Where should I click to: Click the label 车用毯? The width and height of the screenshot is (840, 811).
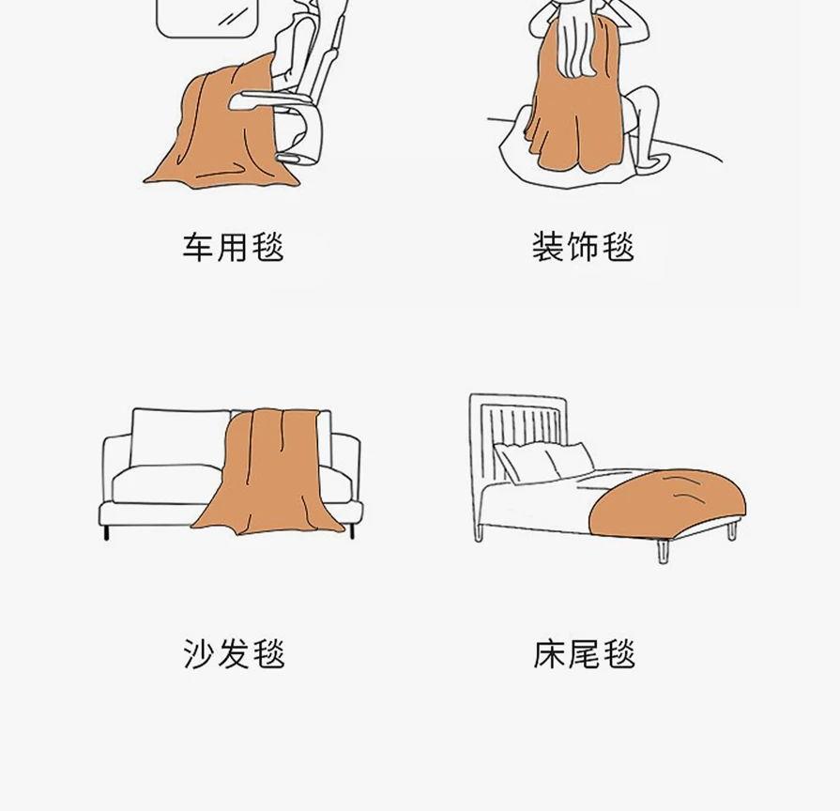[x=233, y=247]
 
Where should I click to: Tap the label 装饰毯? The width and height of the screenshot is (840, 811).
[x=584, y=247]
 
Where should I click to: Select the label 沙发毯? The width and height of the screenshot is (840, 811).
[x=234, y=653]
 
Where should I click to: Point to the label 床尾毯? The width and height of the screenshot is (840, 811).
[x=584, y=653]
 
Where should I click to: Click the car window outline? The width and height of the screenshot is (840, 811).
[x=206, y=20]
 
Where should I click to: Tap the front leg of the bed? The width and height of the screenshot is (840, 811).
[x=664, y=552]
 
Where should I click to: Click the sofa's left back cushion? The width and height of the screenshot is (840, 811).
[x=179, y=438]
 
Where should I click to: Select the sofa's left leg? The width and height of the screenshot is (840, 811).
[x=107, y=532]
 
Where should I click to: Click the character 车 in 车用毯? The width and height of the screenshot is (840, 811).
[x=198, y=247]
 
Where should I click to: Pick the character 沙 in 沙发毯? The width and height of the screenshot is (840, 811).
[x=199, y=653]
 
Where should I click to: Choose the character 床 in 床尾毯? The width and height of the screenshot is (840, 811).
[x=549, y=653]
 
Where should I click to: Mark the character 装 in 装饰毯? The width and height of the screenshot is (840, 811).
[x=548, y=247]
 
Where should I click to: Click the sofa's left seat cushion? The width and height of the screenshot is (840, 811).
[x=166, y=483]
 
